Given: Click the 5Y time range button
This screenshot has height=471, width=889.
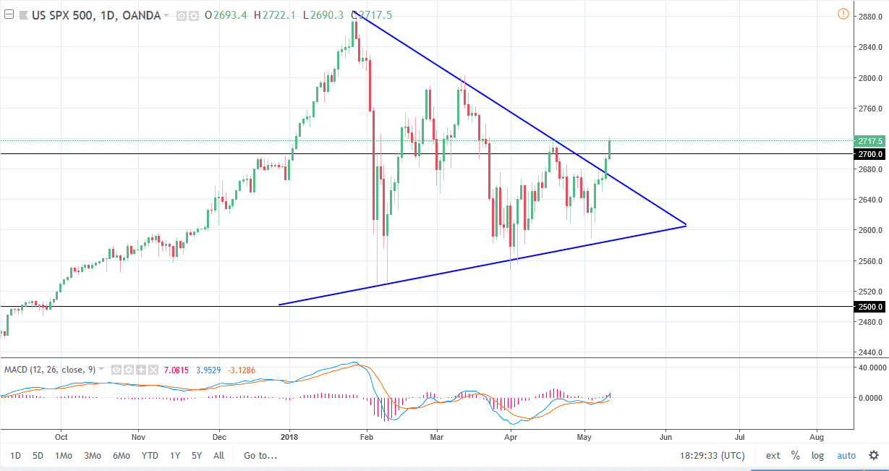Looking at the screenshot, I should click(x=197, y=456).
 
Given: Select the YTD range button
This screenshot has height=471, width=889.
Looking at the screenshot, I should click(x=150, y=456).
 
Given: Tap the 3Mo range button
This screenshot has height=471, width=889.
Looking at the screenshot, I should click(x=92, y=456).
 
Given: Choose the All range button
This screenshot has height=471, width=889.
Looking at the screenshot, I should click(x=218, y=456).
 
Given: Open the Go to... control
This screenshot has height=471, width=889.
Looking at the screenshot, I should click(x=260, y=456).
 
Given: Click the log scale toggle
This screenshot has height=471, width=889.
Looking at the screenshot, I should click(x=817, y=456).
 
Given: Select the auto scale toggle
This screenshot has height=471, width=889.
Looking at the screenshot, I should click(x=846, y=456).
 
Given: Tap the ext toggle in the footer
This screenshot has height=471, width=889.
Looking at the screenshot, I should click(x=773, y=456).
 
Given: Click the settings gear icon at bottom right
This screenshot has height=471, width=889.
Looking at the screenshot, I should click(x=874, y=456).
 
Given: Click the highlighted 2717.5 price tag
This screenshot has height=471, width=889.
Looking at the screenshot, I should click(x=871, y=140).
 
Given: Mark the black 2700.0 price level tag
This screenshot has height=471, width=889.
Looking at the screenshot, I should click(x=871, y=154).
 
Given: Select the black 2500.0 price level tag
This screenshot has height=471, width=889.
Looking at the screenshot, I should click(x=871, y=307).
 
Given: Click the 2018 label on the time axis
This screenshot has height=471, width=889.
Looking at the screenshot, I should click(x=289, y=437).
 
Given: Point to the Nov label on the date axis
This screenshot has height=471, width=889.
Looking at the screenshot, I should click(x=140, y=437).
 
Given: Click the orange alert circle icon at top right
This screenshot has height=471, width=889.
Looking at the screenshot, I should click(x=843, y=14).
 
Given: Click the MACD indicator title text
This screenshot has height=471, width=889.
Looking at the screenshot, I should click(x=51, y=370).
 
